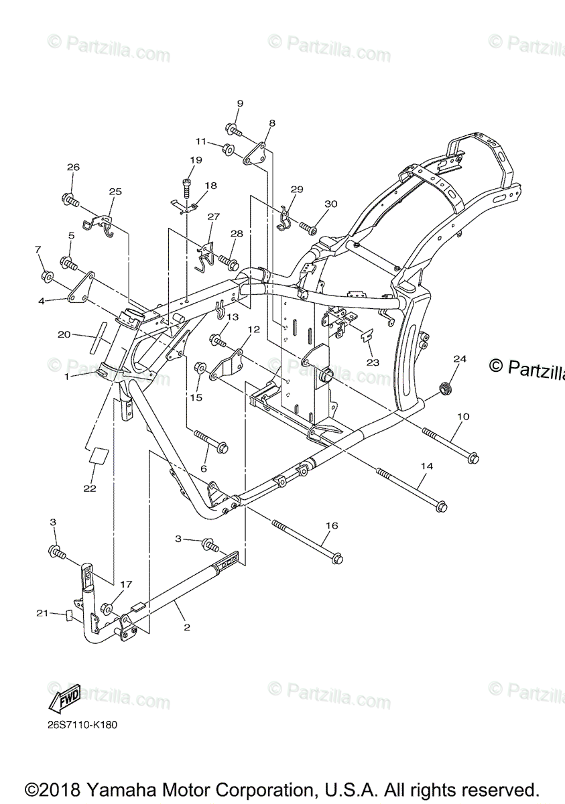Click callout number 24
coord(459,359)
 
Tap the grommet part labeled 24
coord(443,389)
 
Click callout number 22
coord(90,488)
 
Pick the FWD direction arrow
coord(64,700)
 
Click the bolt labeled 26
coord(70,200)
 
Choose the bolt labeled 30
coord(309,228)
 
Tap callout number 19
coord(195,160)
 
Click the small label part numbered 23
coord(368,336)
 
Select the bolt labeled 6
coord(210,441)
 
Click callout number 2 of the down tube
coord(187,628)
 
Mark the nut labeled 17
coord(106,609)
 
